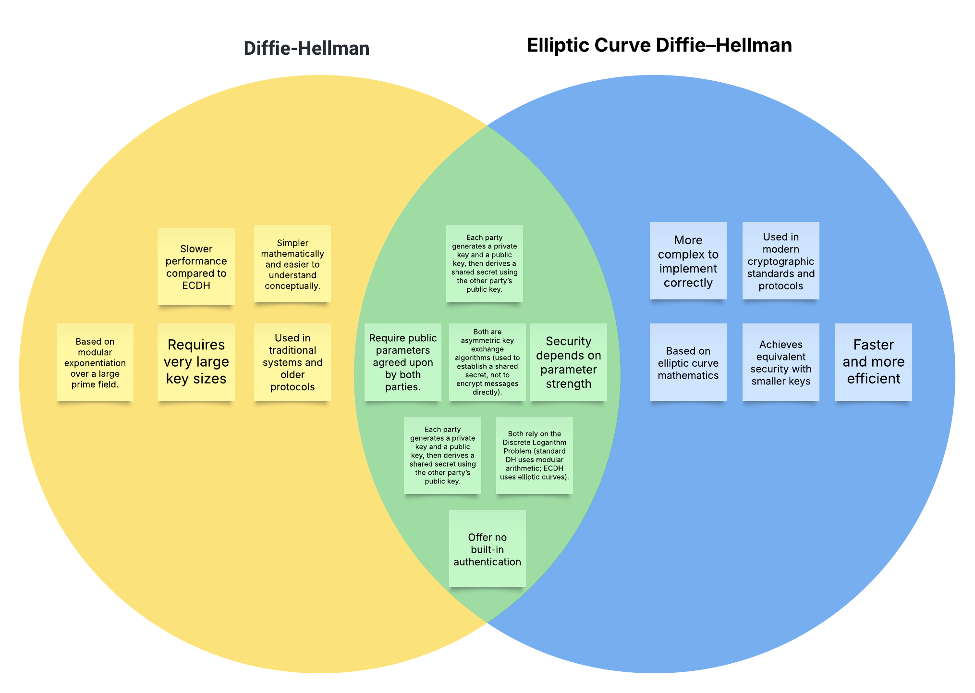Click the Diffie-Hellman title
click(306, 49)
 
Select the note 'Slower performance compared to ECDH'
click(196, 266)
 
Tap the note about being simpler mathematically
click(292, 263)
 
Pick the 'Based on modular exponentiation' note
click(95, 362)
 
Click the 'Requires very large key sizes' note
click(196, 362)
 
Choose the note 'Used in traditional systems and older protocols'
click(292, 362)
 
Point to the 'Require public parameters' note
click(402, 362)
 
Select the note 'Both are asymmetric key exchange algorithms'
click(487, 362)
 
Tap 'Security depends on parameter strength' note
click(568, 362)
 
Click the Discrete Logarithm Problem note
click(534, 455)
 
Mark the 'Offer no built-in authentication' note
click(487, 548)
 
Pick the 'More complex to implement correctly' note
click(688, 260)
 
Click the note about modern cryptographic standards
click(780, 260)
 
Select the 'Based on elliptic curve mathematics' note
click(688, 362)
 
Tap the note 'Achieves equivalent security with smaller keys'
click(780, 362)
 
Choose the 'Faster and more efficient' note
click(873, 362)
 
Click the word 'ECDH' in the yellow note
click(196, 285)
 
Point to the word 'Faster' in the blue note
click(873, 345)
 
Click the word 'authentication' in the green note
click(487, 562)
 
